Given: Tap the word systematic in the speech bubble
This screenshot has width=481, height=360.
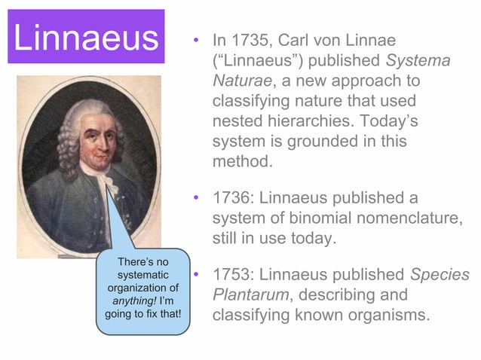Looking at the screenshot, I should tap(142, 274).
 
